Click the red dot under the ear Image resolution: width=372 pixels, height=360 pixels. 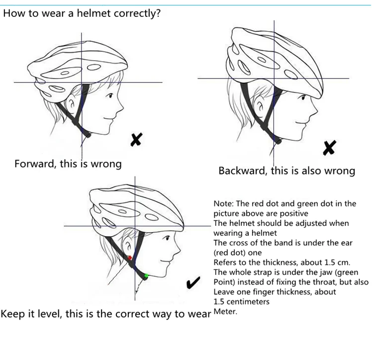(130, 258)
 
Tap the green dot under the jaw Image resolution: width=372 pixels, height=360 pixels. (146, 275)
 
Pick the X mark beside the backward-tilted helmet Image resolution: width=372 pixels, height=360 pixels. (329, 147)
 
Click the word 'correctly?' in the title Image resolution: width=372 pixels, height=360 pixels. (137, 13)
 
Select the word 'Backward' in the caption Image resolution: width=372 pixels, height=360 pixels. (242, 171)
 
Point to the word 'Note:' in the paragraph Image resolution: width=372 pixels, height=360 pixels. (224, 203)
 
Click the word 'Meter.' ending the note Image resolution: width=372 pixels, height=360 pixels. (225, 312)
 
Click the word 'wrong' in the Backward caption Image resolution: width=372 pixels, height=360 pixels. (340, 171)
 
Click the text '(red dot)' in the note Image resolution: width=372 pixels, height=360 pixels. (230, 252)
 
